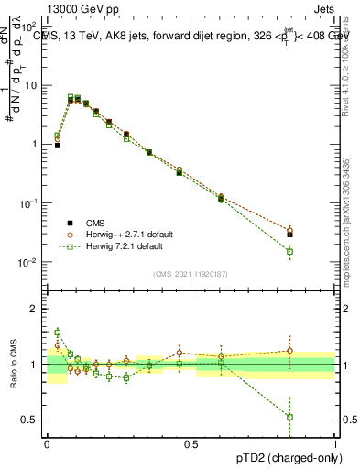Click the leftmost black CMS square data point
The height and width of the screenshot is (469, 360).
click(x=57, y=145)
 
